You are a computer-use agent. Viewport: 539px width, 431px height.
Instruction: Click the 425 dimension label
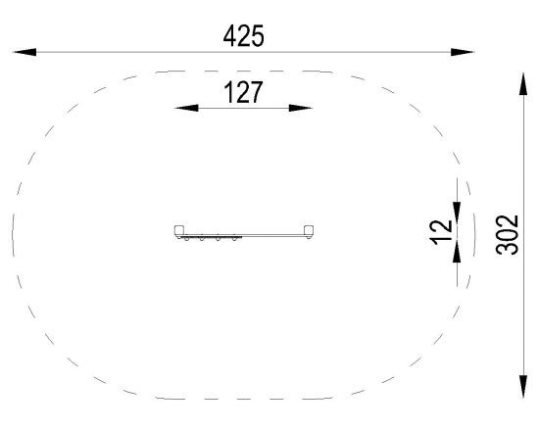[244, 35]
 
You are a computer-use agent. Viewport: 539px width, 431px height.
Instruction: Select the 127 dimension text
[243, 92]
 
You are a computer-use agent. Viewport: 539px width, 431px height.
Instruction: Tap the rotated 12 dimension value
[441, 232]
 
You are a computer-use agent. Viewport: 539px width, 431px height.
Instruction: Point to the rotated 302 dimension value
[507, 235]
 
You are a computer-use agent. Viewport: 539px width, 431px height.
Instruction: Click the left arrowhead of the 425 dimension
[24, 52]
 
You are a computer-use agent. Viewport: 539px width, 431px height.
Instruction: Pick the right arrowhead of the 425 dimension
[463, 52]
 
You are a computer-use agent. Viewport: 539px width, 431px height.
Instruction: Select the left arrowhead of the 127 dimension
[186, 108]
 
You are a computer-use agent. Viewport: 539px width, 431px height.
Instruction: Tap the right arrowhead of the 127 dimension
[301, 108]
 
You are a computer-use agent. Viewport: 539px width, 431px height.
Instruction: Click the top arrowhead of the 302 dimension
[523, 83]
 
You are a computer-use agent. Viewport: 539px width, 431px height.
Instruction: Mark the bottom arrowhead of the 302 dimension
[523, 387]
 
